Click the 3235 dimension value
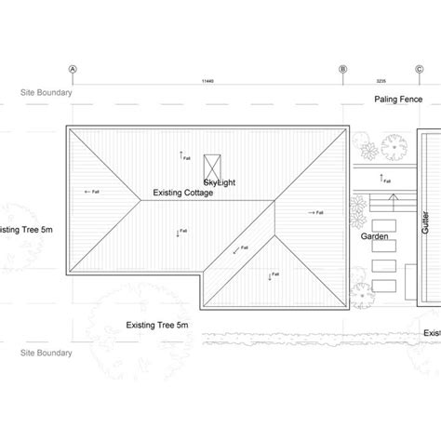[381, 83]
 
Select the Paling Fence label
[397, 100]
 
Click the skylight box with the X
[210, 161]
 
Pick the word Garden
[375, 237]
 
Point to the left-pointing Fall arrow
[92, 192]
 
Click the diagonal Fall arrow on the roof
[240, 248]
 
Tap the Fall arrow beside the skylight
[183, 156]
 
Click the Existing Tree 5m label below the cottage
[157, 325]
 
